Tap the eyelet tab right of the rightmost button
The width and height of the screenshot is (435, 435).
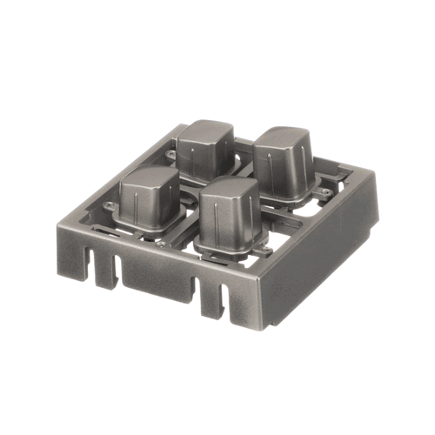click(x=325, y=191)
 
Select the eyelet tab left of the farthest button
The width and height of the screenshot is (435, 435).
click(x=171, y=156)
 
